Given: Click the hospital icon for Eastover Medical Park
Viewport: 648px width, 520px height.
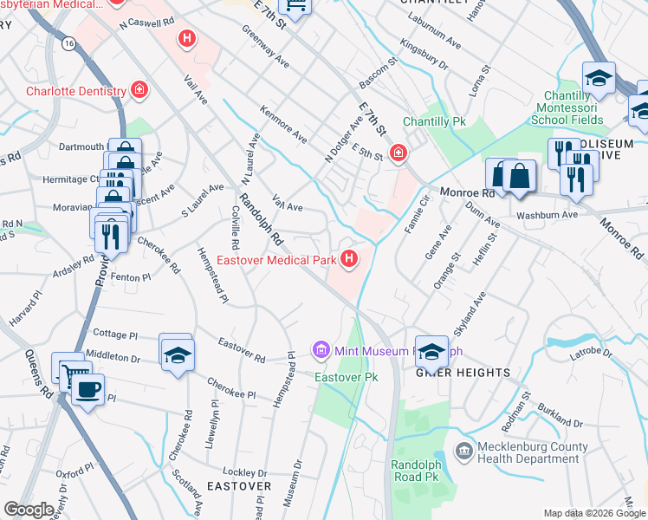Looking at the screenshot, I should pyautogui.click(x=349, y=258).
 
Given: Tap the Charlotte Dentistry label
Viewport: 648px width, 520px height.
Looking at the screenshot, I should pyautogui.click(x=76, y=90).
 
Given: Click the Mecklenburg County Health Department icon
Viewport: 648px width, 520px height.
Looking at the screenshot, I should pyautogui.click(x=463, y=452).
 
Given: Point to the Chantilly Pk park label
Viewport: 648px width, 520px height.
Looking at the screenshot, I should pyautogui.click(x=435, y=122).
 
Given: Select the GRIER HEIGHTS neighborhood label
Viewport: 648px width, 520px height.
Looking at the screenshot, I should pyautogui.click(x=463, y=373).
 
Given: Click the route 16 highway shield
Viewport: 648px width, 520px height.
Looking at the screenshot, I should pyautogui.click(x=68, y=42).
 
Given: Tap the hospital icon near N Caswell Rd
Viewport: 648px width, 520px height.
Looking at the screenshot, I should pyautogui.click(x=185, y=39).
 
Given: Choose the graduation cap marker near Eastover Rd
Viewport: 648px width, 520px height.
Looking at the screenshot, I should pyautogui.click(x=177, y=355).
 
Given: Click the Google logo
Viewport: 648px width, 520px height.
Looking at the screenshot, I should pyautogui.click(x=29, y=510).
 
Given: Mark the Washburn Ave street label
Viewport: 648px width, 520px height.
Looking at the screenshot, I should pyautogui.click(x=547, y=215).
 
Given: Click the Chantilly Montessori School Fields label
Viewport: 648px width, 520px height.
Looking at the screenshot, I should pyautogui.click(x=584, y=111).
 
